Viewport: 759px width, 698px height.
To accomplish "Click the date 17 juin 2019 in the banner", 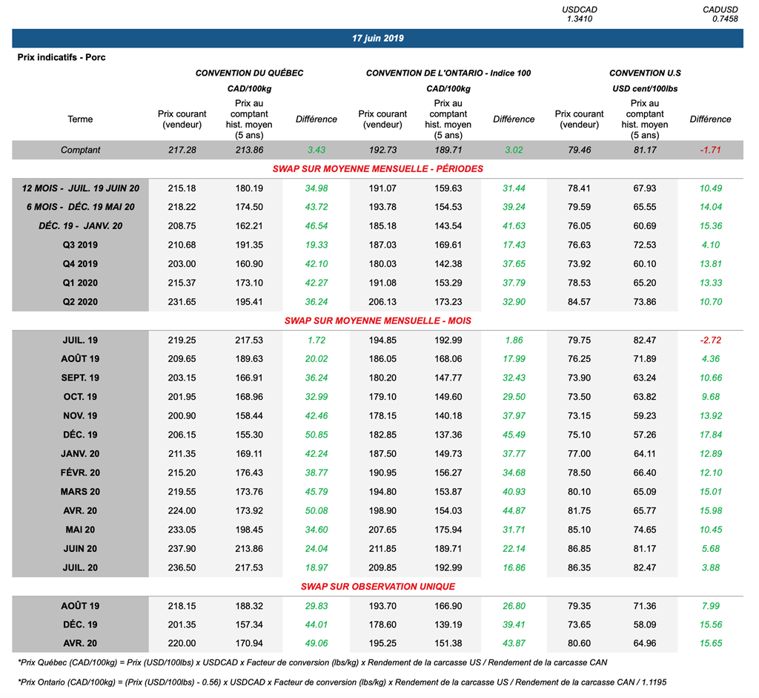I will pyautogui.click(x=378, y=38).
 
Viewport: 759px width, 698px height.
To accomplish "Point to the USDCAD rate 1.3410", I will pyautogui.click(x=579, y=19).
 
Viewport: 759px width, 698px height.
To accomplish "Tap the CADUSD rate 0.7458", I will pyautogui.click(x=724, y=19).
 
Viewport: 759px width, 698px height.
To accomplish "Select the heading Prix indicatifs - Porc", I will pyautogui.click(x=62, y=57).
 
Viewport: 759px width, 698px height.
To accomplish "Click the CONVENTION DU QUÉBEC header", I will pyautogui.click(x=249, y=73).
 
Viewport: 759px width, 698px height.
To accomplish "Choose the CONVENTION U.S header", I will pyautogui.click(x=645, y=73).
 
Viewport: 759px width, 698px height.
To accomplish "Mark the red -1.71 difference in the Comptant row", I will pyautogui.click(x=710, y=150).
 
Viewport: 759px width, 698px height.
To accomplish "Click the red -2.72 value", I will pyautogui.click(x=710, y=340).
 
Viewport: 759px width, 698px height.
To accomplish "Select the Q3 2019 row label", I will pyautogui.click(x=80, y=245).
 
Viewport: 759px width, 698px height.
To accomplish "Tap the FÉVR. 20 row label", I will pyautogui.click(x=80, y=473).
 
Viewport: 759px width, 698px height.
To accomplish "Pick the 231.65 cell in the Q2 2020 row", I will pyautogui.click(x=182, y=302).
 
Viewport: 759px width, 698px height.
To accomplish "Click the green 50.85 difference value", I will pyautogui.click(x=316, y=435).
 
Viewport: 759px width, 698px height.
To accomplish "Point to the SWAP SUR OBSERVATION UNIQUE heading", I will pyautogui.click(x=377, y=587).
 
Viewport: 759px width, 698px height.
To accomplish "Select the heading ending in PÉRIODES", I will pyautogui.click(x=377, y=168).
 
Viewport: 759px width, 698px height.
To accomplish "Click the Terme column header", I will pyautogui.click(x=80, y=119).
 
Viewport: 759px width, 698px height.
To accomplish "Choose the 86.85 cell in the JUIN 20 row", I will pyautogui.click(x=579, y=549).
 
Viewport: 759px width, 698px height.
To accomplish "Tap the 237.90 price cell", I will pyautogui.click(x=182, y=549).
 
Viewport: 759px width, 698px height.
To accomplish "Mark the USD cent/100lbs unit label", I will pyautogui.click(x=645, y=89).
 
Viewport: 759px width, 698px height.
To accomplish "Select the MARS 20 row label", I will pyautogui.click(x=80, y=492).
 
